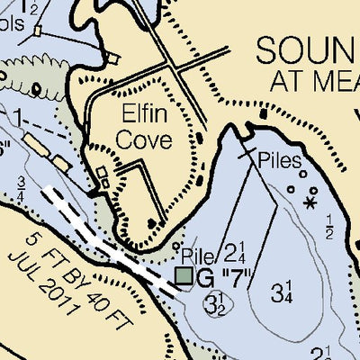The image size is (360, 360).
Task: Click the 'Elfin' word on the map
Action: pos(148,114)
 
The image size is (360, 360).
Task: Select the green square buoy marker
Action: pos(184,276)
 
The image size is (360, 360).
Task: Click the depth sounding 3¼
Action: pos(282,291)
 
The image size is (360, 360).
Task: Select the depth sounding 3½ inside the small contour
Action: pos(215,302)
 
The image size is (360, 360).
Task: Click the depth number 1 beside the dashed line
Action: pos(18,118)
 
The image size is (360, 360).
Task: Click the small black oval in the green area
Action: pos(38,88)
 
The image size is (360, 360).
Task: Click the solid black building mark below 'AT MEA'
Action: pos(264,114)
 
